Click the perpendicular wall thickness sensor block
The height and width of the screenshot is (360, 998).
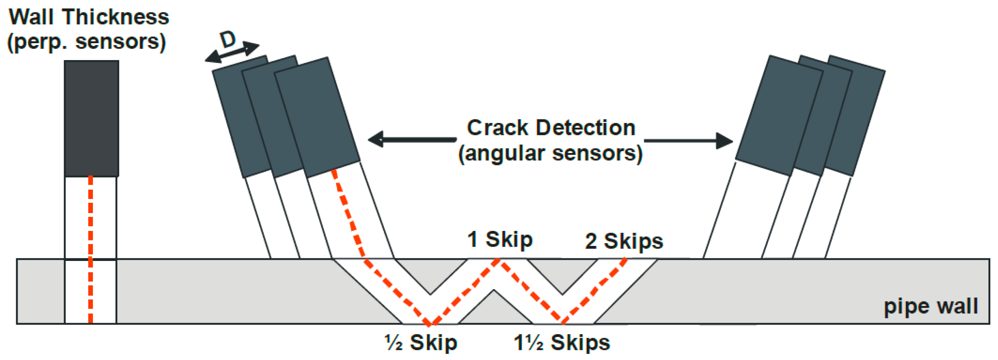click(91, 118)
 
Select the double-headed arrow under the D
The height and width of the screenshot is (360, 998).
click(232, 53)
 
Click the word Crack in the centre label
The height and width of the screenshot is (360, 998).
click(497, 128)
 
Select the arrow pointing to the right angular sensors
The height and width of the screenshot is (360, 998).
click(688, 140)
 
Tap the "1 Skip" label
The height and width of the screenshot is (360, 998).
click(500, 239)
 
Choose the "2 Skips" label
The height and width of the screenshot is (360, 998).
click(624, 241)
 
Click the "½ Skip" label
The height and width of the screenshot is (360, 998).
click(421, 343)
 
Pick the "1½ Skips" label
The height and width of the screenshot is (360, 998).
click(561, 343)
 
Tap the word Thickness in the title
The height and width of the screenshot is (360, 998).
click(116, 17)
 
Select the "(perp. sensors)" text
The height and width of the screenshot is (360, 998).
click(87, 42)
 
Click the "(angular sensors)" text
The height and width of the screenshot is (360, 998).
click(550, 153)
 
